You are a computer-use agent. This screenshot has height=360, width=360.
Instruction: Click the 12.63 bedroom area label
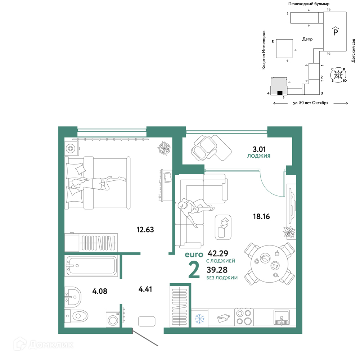tap(145, 229)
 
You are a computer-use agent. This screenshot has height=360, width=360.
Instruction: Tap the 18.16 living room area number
tap(261, 216)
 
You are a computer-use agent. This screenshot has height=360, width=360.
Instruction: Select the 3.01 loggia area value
tap(259, 149)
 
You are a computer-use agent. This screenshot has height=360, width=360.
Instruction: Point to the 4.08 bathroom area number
tap(100, 291)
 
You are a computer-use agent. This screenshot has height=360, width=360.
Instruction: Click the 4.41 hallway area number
tap(145, 289)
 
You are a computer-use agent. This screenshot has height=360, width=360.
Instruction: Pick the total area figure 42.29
tap(218, 253)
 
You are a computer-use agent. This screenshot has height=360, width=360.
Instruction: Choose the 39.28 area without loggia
tap(217, 270)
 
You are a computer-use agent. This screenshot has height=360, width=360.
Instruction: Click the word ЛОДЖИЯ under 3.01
tap(259, 156)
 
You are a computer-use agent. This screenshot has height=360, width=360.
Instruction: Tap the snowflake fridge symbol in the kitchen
tap(199, 319)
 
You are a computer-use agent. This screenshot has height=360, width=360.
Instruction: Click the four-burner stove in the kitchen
tap(244, 317)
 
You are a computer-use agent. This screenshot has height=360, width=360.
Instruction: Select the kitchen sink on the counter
tap(282, 317)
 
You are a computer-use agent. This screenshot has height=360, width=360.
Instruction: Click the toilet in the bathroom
tap(76, 316)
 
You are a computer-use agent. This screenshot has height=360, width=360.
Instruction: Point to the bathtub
tap(91, 266)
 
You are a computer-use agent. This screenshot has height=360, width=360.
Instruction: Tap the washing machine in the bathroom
tap(113, 319)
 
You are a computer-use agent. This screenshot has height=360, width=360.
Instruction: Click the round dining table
tap(269, 264)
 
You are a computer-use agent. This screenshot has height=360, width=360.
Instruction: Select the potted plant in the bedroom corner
tap(164, 148)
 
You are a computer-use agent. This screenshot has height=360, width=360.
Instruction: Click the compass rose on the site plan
tap(338, 75)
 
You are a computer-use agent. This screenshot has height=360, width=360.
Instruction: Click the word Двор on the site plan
tap(307, 39)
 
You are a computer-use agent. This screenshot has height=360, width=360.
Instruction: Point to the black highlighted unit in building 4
tap(280, 93)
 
